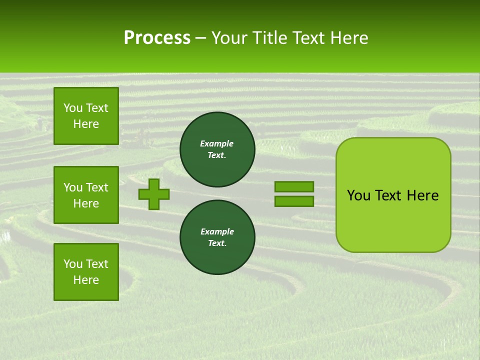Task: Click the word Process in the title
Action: pyautogui.click(x=157, y=38)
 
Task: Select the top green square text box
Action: pyautogui.click(x=86, y=116)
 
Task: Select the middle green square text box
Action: pyautogui.click(x=86, y=195)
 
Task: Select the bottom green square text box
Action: pyautogui.click(x=86, y=272)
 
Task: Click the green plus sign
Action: pyautogui.click(x=154, y=194)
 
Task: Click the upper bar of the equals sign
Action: pyautogui.click(x=294, y=187)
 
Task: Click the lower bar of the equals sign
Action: pyautogui.click(x=294, y=201)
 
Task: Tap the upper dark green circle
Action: pyautogui.click(x=217, y=149)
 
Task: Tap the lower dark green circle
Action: pyautogui.click(x=217, y=237)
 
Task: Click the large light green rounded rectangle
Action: pyautogui.click(x=393, y=195)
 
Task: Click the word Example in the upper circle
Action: pyautogui.click(x=217, y=143)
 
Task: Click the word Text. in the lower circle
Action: pyautogui.click(x=217, y=243)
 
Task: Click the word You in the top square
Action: pyautogui.click(x=73, y=108)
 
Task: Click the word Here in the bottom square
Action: pyautogui.click(x=86, y=280)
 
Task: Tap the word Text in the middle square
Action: pyautogui.click(x=97, y=187)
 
